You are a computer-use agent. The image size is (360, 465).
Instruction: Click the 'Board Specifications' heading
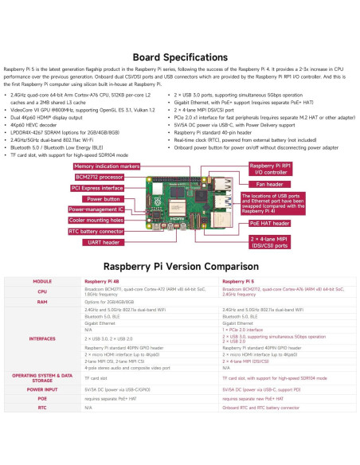coord(179,58)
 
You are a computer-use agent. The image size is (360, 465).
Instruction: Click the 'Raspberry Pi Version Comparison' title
coord(179,267)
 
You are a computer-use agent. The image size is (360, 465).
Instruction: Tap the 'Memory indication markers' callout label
coord(106,166)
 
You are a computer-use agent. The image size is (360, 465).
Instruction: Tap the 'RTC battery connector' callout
coord(96,231)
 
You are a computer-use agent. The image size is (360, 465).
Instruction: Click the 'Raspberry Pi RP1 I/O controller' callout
coord(262,168)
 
